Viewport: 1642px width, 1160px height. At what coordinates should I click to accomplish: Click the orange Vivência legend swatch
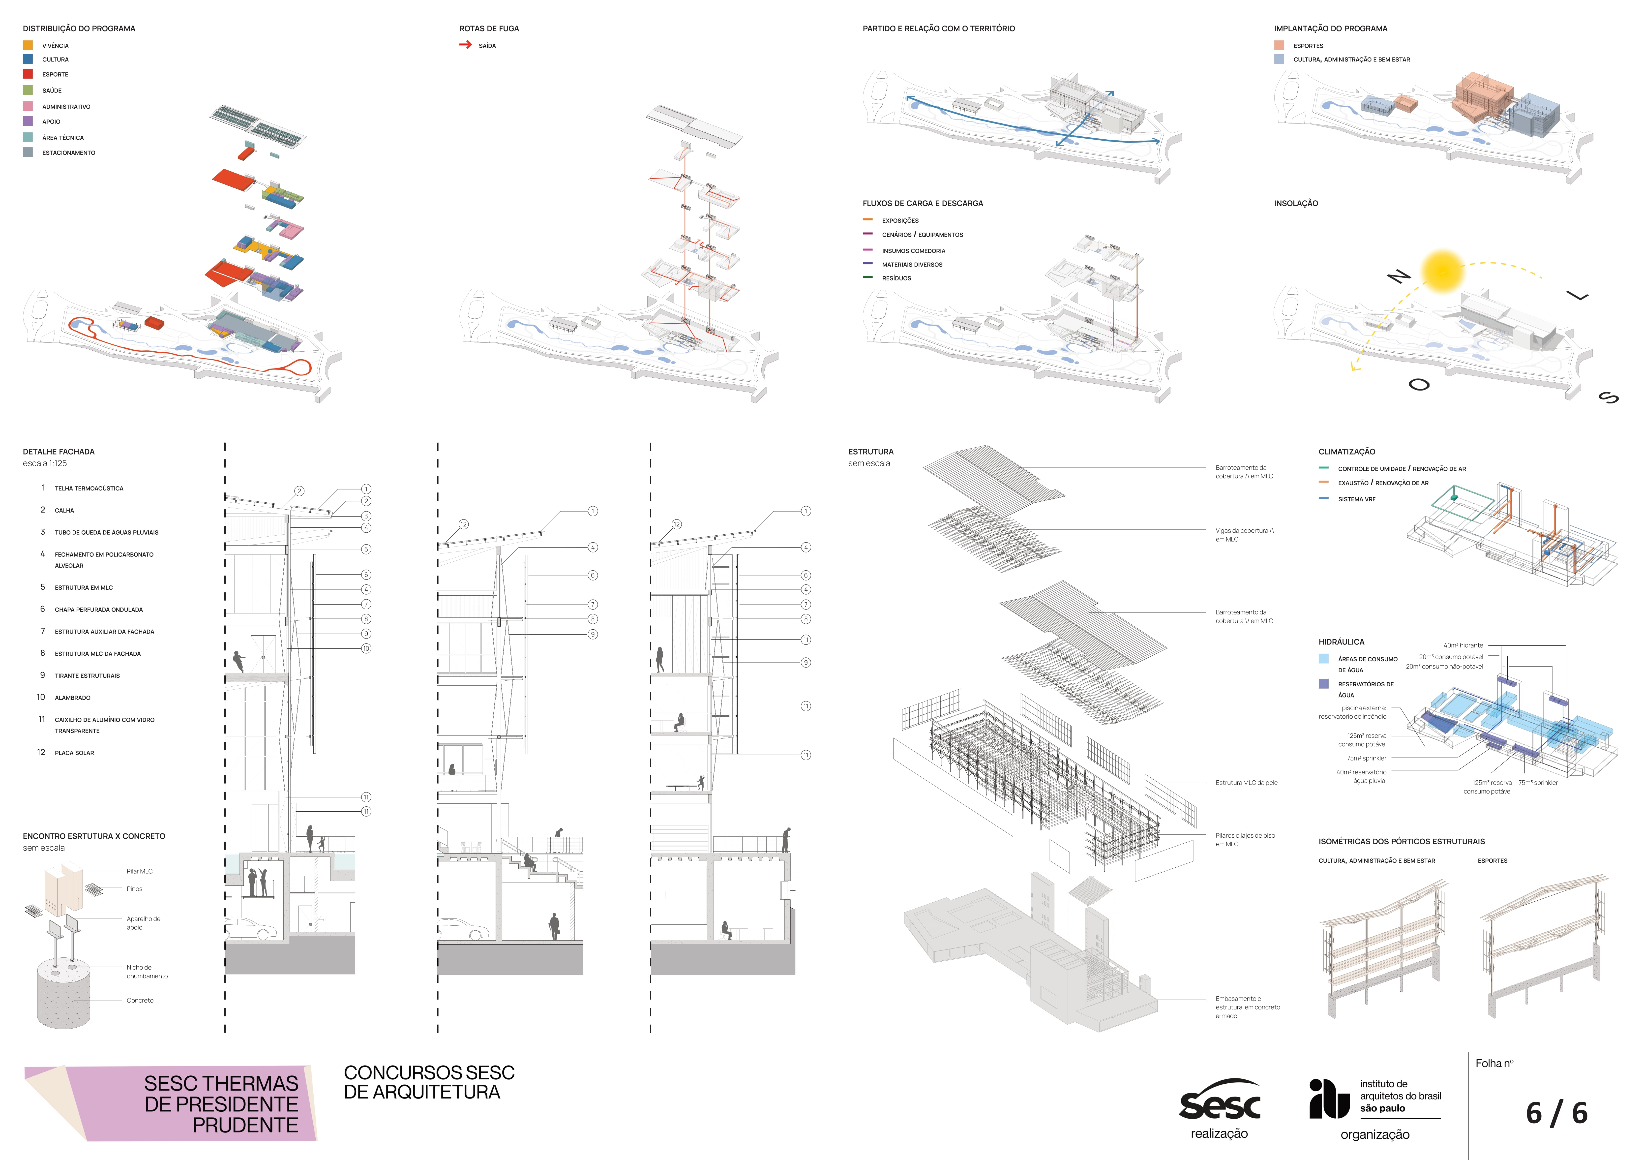(x=28, y=45)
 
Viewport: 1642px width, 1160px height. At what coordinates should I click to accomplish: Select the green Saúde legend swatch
(x=28, y=90)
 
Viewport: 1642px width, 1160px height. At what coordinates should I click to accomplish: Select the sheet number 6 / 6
(x=1556, y=1113)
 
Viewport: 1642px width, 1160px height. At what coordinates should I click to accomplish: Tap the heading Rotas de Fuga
(x=489, y=29)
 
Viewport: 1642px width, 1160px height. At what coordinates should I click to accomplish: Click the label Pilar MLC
(x=139, y=871)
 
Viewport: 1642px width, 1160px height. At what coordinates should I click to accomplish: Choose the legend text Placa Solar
(x=74, y=753)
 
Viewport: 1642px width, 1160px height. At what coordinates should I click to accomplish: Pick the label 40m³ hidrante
(x=1463, y=645)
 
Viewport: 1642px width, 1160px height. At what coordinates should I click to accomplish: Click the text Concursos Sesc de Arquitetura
(x=429, y=1082)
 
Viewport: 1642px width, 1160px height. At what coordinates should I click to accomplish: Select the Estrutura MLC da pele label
(x=1246, y=782)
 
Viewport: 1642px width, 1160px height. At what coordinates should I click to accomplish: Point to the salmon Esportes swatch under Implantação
(x=1279, y=45)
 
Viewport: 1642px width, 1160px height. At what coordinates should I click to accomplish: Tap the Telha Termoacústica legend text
(x=89, y=488)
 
